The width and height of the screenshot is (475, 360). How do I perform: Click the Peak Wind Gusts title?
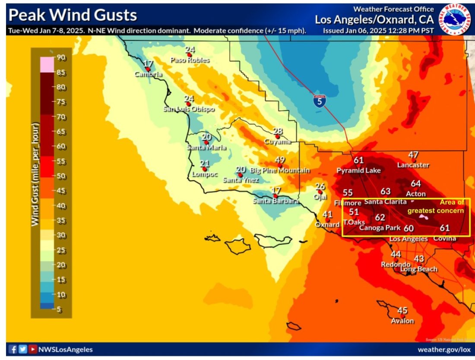click(x=73, y=16)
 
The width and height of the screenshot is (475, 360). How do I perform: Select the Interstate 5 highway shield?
click(x=320, y=101)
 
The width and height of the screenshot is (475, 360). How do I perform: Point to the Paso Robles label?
click(x=190, y=60)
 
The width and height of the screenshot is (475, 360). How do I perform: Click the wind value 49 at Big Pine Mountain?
click(x=280, y=160)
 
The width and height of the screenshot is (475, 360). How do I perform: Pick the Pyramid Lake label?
click(x=359, y=171)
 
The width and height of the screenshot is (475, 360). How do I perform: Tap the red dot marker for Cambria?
click(x=147, y=69)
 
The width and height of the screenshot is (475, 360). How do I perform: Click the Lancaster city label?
click(x=413, y=165)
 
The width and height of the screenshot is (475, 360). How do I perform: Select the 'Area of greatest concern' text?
click(x=436, y=207)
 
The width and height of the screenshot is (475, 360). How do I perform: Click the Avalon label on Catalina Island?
click(x=402, y=321)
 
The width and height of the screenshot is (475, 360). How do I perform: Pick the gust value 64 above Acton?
click(x=415, y=183)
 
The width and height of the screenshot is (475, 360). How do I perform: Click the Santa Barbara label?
click(x=275, y=201)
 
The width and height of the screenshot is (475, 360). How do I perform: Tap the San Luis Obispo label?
click(x=189, y=109)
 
